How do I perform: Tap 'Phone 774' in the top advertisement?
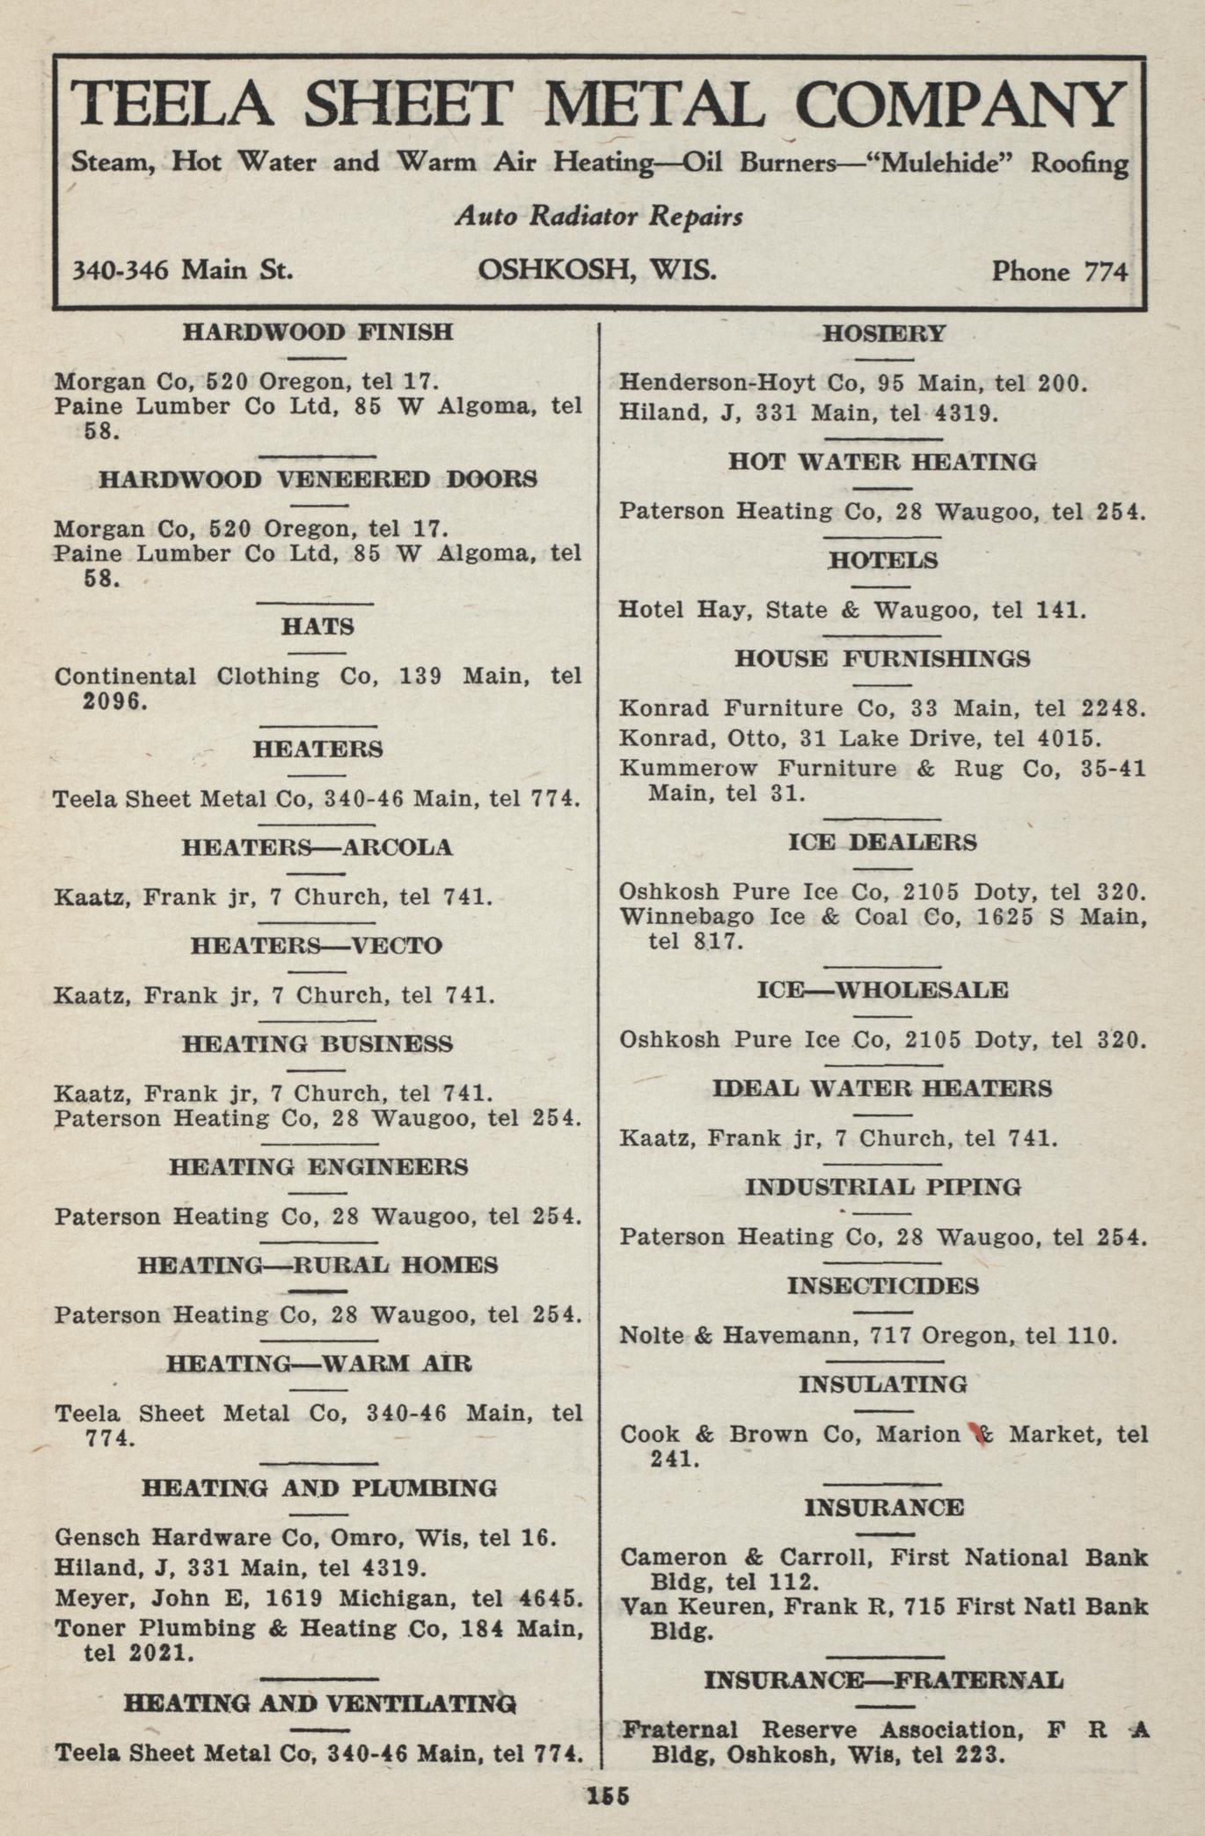click(1059, 272)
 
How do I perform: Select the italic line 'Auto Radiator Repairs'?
click(599, 216)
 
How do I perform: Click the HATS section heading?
click(318, 627)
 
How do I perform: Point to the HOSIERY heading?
click(883, 334)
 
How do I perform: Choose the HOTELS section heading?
click(883, 560)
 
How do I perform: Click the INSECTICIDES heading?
click(882, 1286)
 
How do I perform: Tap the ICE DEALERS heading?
click(882, 843)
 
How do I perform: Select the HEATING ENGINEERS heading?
click(318, 1167)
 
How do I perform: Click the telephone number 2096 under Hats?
click(111, 702)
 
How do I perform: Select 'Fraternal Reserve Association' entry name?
click(822, 1730)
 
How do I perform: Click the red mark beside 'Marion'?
click(975, 1434)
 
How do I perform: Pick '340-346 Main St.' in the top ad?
click(182, 270)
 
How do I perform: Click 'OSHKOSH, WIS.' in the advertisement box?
click(597, 269)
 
